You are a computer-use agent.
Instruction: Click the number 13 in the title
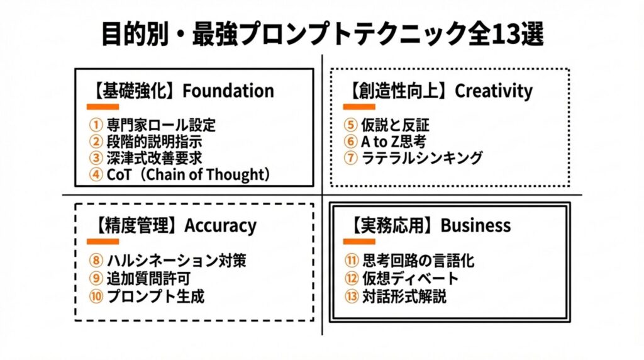(506, 34)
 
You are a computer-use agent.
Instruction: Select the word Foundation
(228, 91)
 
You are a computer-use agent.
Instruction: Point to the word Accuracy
(220, 226)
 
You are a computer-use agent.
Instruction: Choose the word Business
(475, 225)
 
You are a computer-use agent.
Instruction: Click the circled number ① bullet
(96, 125)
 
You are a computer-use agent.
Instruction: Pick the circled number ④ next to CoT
(96, 174)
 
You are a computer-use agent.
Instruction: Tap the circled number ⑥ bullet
(350, 142)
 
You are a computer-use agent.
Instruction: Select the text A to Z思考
(394, 142)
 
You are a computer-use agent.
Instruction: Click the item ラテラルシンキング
(422, 158)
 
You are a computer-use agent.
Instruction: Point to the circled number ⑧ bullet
(96, 260)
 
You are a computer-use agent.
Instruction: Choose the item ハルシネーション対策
(177, 260)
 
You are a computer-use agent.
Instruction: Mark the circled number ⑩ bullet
(96, 296)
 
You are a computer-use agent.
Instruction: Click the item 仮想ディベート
(410, 278)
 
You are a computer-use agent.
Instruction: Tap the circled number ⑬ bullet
(352, 296)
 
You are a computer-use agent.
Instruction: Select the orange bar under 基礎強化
(103, 107)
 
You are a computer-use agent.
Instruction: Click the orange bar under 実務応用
(359, 242)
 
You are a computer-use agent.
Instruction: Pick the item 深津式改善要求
(155, 158)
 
